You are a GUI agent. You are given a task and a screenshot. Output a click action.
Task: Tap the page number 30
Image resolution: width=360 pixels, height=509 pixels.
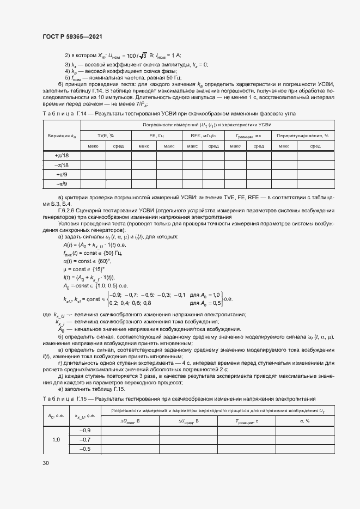tap(45, 463)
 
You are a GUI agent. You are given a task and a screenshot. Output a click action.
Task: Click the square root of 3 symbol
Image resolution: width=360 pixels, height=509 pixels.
tap(143, 56)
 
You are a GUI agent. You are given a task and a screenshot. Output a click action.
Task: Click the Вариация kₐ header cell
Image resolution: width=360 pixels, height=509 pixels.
tap(62, 135)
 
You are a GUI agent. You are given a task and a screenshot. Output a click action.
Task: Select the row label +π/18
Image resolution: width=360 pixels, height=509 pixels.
tap(62, 155)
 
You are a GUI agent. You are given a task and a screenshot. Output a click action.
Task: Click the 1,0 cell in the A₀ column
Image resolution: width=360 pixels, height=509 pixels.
tap(56, 439)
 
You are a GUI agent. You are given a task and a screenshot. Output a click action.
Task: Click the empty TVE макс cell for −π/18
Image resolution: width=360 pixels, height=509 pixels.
tap(93, 165)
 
